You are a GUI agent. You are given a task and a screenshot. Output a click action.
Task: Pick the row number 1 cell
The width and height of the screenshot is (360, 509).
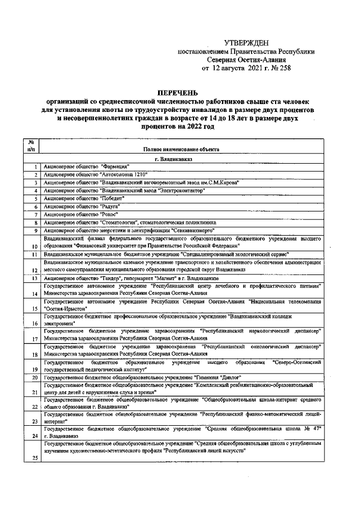35,167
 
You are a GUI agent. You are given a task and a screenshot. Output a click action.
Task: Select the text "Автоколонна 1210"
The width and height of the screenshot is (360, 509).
124,175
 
